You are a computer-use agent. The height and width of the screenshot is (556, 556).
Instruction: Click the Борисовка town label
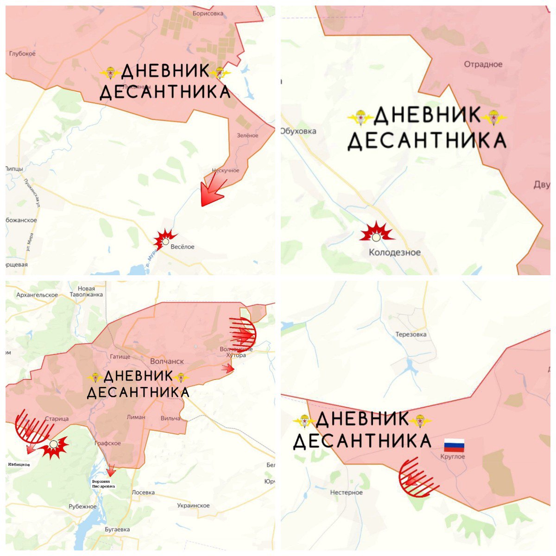point(208,13)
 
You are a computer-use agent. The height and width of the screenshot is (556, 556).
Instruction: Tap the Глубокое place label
point(22,54)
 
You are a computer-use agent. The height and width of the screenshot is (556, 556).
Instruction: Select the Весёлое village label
point(183,247)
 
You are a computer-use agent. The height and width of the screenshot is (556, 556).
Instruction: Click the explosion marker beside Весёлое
point(165,240)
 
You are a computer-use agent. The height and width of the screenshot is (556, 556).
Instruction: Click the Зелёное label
point(248,135)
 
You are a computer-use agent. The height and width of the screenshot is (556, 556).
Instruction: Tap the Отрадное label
point(483,64)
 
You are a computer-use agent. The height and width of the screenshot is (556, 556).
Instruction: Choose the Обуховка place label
point(299,131)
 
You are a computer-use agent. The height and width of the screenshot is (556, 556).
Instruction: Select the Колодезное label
point(395,253)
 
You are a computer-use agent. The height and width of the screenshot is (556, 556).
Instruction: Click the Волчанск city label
point(167,361)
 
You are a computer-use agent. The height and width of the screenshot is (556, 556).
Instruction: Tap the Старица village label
point(57,419)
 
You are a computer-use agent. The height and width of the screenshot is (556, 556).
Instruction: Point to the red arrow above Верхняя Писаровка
point(111,470)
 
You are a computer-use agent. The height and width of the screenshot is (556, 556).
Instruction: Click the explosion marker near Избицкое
point(54,446)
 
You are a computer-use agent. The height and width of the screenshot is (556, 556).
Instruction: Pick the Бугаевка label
point(117,529)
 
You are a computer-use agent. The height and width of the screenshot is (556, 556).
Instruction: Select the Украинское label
point(193,505)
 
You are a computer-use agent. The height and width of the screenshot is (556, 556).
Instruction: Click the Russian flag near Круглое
point(454,445)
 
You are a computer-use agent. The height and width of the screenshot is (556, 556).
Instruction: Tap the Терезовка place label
point(411,335)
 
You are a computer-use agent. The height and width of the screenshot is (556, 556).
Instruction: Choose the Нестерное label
point(346,493)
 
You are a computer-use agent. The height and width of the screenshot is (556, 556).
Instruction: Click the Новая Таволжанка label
point(87,291)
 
